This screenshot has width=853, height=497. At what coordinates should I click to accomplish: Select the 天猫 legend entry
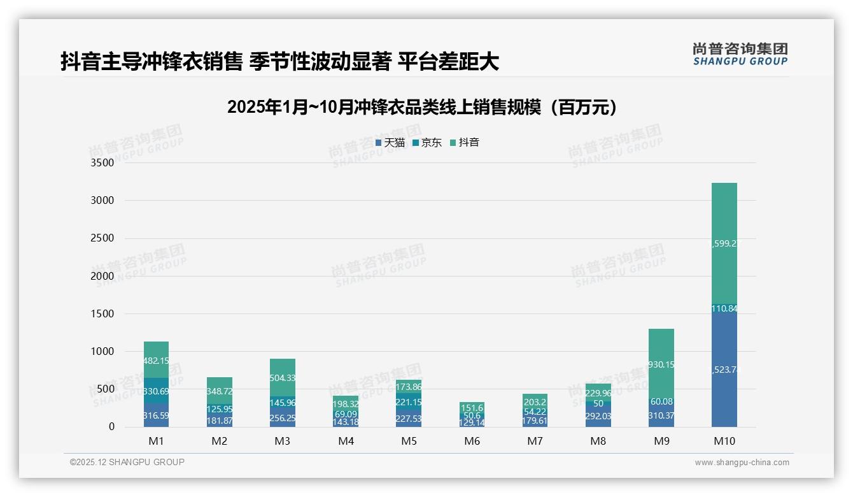pyautogui.click(x=390, y=143)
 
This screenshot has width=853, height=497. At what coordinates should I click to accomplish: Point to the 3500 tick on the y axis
pyautogui.click(x=102, y=163)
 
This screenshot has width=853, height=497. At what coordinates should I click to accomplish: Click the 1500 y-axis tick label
pyautogui.click(x=102, y=313)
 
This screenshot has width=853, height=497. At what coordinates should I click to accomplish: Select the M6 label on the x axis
pyautogui.click(x=472, y=441)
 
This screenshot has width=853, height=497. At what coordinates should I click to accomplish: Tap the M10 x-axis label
pyautogui.click(x=724, y=441)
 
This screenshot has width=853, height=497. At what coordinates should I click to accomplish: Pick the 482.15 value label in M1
pyautogui.click(x=156, y=361)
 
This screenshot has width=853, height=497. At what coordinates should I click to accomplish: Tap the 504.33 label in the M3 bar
pyautogui.click(x=282, y=378)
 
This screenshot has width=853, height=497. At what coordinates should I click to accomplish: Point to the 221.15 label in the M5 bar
pyautogui.click(x=408, y=403)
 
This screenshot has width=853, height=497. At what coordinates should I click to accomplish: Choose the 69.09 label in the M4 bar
pyautogui.click(x=345, y=414)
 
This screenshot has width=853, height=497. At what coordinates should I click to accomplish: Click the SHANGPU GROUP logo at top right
pyautogui.click(x=740, y=54)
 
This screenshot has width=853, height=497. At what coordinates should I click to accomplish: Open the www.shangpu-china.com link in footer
pyautogui.click(x=742, y=463)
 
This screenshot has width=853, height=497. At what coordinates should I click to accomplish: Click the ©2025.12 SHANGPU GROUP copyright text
pyautogui.click(x=127, y=463)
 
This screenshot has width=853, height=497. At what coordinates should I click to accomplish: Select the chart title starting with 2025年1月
pyautogui.click(x=422, y=107)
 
